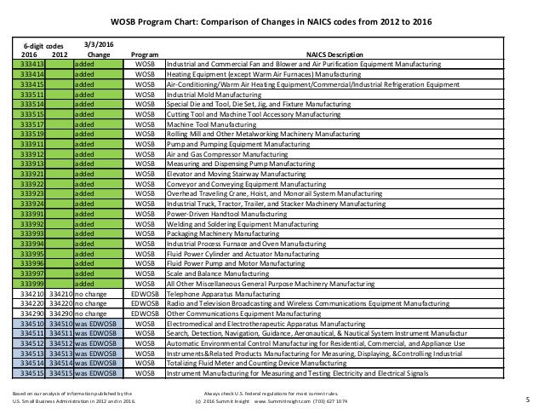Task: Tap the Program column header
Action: pyautogui.click(x=144, y=55)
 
